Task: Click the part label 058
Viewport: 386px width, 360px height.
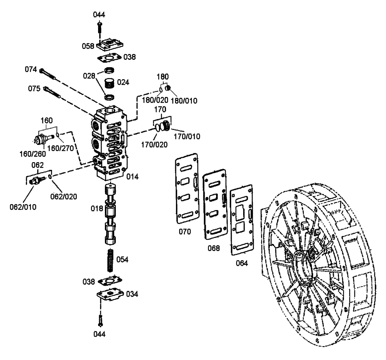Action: (x=88, y=46)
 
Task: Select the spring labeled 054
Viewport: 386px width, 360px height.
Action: (x=110, y=260)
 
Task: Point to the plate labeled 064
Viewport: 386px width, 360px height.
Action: (x=242, y=222)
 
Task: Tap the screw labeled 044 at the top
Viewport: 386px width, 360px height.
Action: (x=99, y=29)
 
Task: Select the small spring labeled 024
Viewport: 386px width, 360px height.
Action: (x=110, y=83)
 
